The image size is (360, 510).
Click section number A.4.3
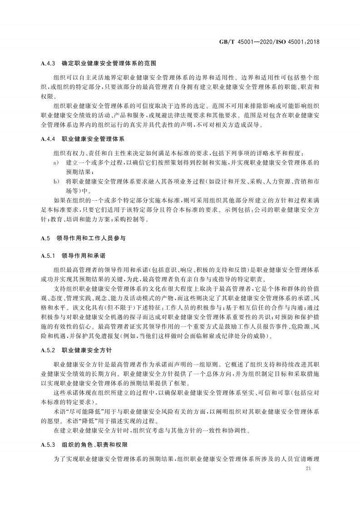[48, 63]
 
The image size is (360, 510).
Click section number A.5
[44, 238]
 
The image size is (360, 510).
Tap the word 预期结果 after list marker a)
[78, 172]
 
